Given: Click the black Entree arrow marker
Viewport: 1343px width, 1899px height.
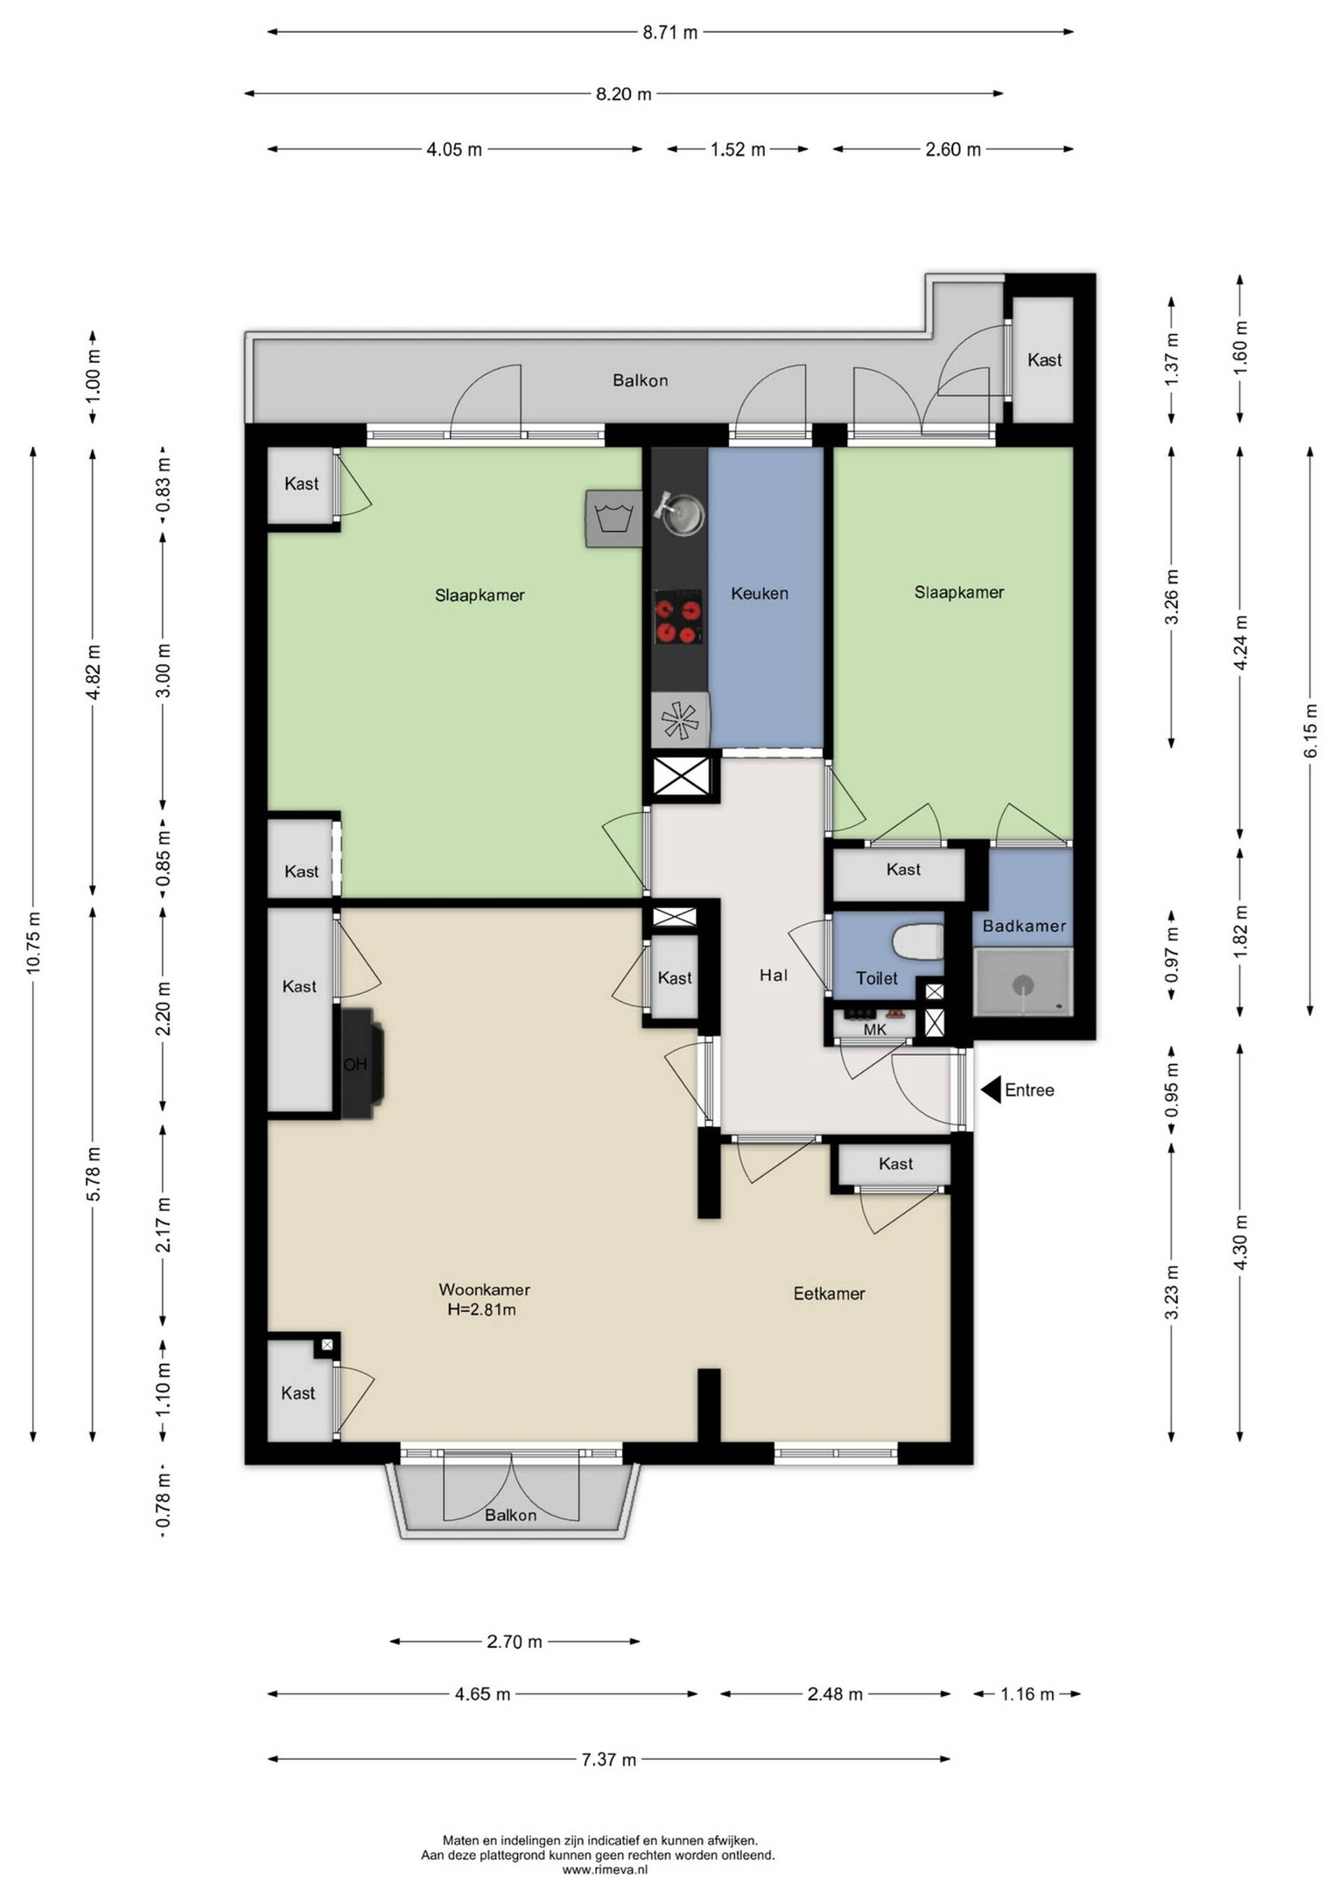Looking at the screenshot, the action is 990,1089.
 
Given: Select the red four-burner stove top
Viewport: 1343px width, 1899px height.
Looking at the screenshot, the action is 678,617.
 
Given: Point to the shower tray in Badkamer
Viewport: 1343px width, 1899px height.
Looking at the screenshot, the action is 1023,982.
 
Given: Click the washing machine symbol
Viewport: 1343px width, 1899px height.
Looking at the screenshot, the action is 613,518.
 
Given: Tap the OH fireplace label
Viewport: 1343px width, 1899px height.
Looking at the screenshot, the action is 355,1064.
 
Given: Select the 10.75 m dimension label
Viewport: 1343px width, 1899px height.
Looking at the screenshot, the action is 34,943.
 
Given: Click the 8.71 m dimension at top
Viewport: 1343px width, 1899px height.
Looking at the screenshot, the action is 670,32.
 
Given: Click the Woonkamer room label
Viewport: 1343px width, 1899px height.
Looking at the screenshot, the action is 484,1289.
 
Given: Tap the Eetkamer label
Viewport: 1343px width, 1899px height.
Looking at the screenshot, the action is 829,1293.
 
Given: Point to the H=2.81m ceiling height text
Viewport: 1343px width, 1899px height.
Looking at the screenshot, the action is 481,1309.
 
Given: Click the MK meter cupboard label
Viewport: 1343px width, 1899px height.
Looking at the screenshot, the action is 874,1030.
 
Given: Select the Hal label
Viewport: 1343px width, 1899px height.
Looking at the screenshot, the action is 773,975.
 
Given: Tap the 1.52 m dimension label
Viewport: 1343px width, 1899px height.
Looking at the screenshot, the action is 738,150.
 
